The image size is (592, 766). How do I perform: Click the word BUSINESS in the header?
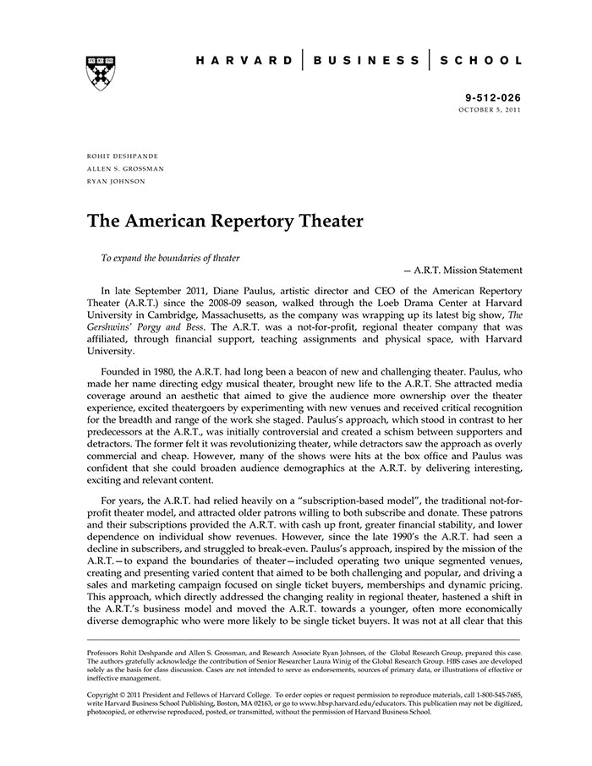click(365, 61)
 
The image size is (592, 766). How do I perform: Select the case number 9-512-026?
click(495, 98)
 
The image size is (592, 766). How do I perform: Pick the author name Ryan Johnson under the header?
click(116, 181)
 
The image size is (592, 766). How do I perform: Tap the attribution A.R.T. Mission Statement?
click(468, 271)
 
